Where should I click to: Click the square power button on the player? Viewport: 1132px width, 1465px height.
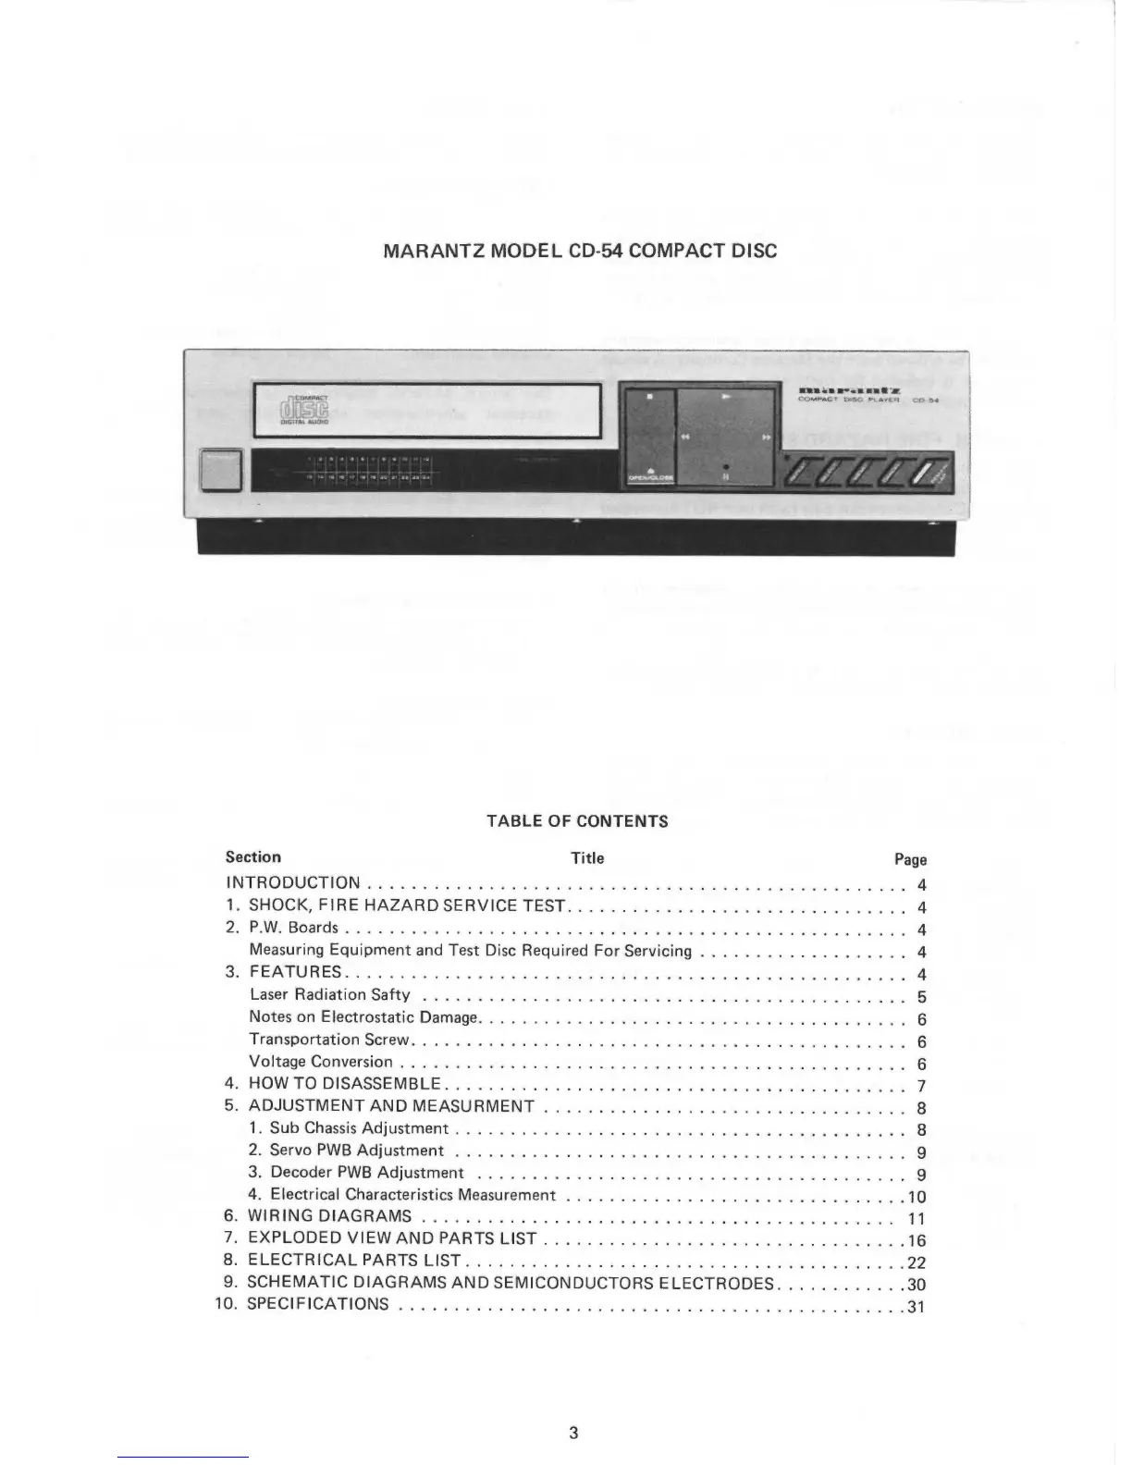point(220,471)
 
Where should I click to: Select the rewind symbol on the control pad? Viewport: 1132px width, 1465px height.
point(686,437)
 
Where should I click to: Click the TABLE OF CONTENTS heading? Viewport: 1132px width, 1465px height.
point(577,821)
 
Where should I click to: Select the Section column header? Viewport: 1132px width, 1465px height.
point(252,857)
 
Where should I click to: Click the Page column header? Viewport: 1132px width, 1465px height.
point(910,859)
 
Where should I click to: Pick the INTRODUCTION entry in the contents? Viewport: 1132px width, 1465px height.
point(293,883)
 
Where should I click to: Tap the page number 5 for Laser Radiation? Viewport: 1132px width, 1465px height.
point(921,998)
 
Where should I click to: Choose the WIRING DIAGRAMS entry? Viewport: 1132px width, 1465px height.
point(329,1216)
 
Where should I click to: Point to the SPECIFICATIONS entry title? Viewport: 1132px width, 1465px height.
point(318,1305)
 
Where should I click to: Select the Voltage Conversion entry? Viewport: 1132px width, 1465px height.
point(321,1062)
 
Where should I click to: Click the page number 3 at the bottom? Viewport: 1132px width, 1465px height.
point(573,1434)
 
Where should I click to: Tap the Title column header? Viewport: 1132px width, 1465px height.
point(587,858)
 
